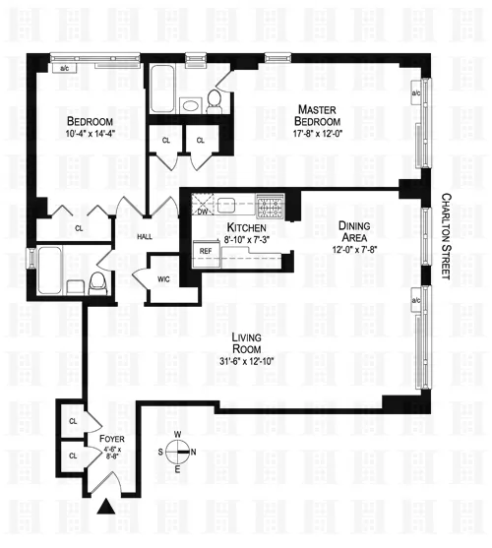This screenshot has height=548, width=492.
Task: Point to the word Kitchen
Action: point(241,228)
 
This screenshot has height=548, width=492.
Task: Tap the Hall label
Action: point(145,236)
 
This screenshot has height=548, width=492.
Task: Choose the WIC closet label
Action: point(163,278)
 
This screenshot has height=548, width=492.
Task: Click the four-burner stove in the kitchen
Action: point(270,206)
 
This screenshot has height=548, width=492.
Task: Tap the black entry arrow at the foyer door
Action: point(105,508)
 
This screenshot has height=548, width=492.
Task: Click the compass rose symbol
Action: point(178,454)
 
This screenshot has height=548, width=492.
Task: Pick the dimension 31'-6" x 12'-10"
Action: point(245,361)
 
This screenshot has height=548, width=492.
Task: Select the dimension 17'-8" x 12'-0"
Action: point(315,134)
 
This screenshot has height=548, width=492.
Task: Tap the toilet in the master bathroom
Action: point(213,99)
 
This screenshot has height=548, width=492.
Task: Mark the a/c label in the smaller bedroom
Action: point(65,69)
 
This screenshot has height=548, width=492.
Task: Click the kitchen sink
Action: point(225,206)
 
